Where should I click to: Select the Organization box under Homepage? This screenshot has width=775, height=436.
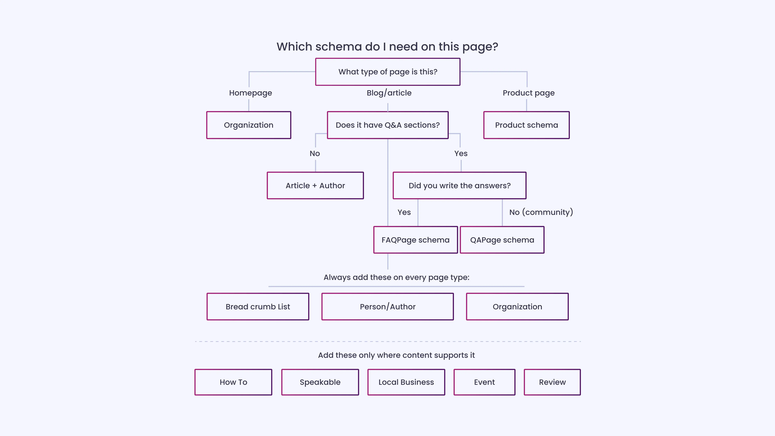click(x=249, y=125)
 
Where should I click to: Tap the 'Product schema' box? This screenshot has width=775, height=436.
click(x=526, y=125)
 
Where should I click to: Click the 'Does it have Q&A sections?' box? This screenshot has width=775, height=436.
click(x=387, y=125)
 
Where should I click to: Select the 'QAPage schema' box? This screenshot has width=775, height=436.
click(x=502, y=240)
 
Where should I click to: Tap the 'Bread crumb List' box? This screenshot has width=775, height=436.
click(x=258, y=307)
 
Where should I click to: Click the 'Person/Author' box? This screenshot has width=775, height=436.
click(x=387, y=307)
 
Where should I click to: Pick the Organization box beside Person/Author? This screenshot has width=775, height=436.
click(x=517, y=307)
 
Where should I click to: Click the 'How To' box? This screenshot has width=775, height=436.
click(x=233, y=382)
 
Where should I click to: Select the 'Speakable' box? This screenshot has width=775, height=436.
click(x=320, y=382)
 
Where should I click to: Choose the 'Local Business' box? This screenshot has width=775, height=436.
click(x=406, y=382)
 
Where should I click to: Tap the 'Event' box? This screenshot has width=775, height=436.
click(x=484, y=382)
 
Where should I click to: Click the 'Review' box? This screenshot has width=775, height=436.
click(x=552, y=382)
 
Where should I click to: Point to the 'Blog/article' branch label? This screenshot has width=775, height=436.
click(x=389, y=93)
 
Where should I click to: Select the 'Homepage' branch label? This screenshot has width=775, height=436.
click(x=250, y=93)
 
